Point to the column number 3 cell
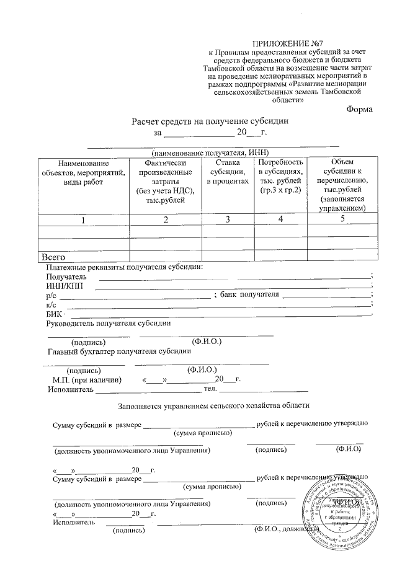228,219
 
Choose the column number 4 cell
280,219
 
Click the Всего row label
53,255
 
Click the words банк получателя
250,294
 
